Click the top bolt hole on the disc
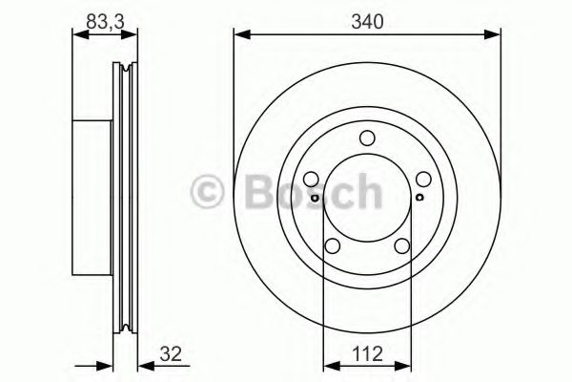[x=367, y=140]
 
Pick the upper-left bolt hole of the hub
[x=311, y=180]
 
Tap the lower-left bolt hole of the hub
[x=333, y=247]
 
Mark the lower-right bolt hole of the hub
[x=402, y=247]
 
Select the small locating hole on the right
[x=420, y=198]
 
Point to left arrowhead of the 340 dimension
[x=240, y=36]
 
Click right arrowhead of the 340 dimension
[x=495, y=36]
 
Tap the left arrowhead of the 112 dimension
[x=330, y=363]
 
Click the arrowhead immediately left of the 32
[x=143, y=363]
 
